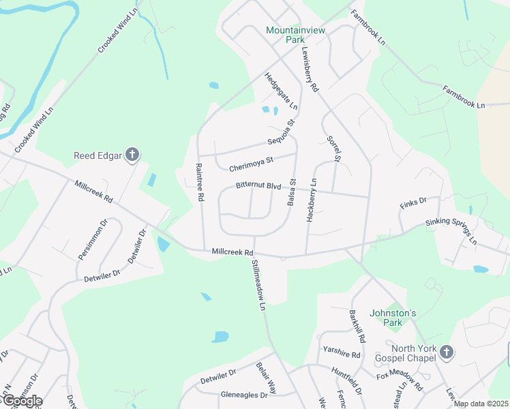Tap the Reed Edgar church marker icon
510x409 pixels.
(132, 155)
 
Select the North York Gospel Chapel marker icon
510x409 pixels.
(446, 352)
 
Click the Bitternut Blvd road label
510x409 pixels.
(258, 185)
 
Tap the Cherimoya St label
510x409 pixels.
(251, 162)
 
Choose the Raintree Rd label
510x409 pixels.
(200, 182)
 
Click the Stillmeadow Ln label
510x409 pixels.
(257, 285)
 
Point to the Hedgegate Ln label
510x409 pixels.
(281, 91)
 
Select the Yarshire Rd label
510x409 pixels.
(342, 354)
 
